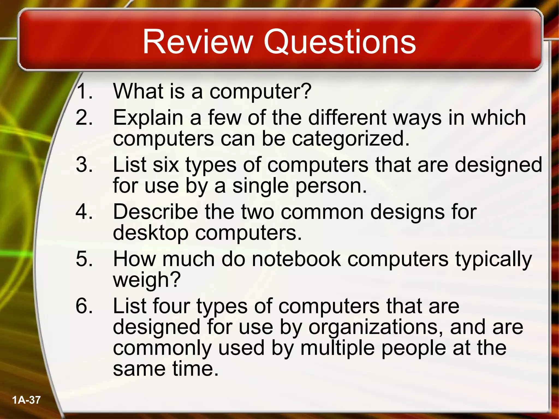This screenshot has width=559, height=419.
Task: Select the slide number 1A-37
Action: (26, 400)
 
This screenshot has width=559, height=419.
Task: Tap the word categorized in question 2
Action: (350, 138)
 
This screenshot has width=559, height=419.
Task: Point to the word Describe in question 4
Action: (156, 212)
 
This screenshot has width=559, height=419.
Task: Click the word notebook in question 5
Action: (296, 259)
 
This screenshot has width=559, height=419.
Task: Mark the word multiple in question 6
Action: (337, 348)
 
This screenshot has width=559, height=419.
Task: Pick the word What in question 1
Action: (138, 91)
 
